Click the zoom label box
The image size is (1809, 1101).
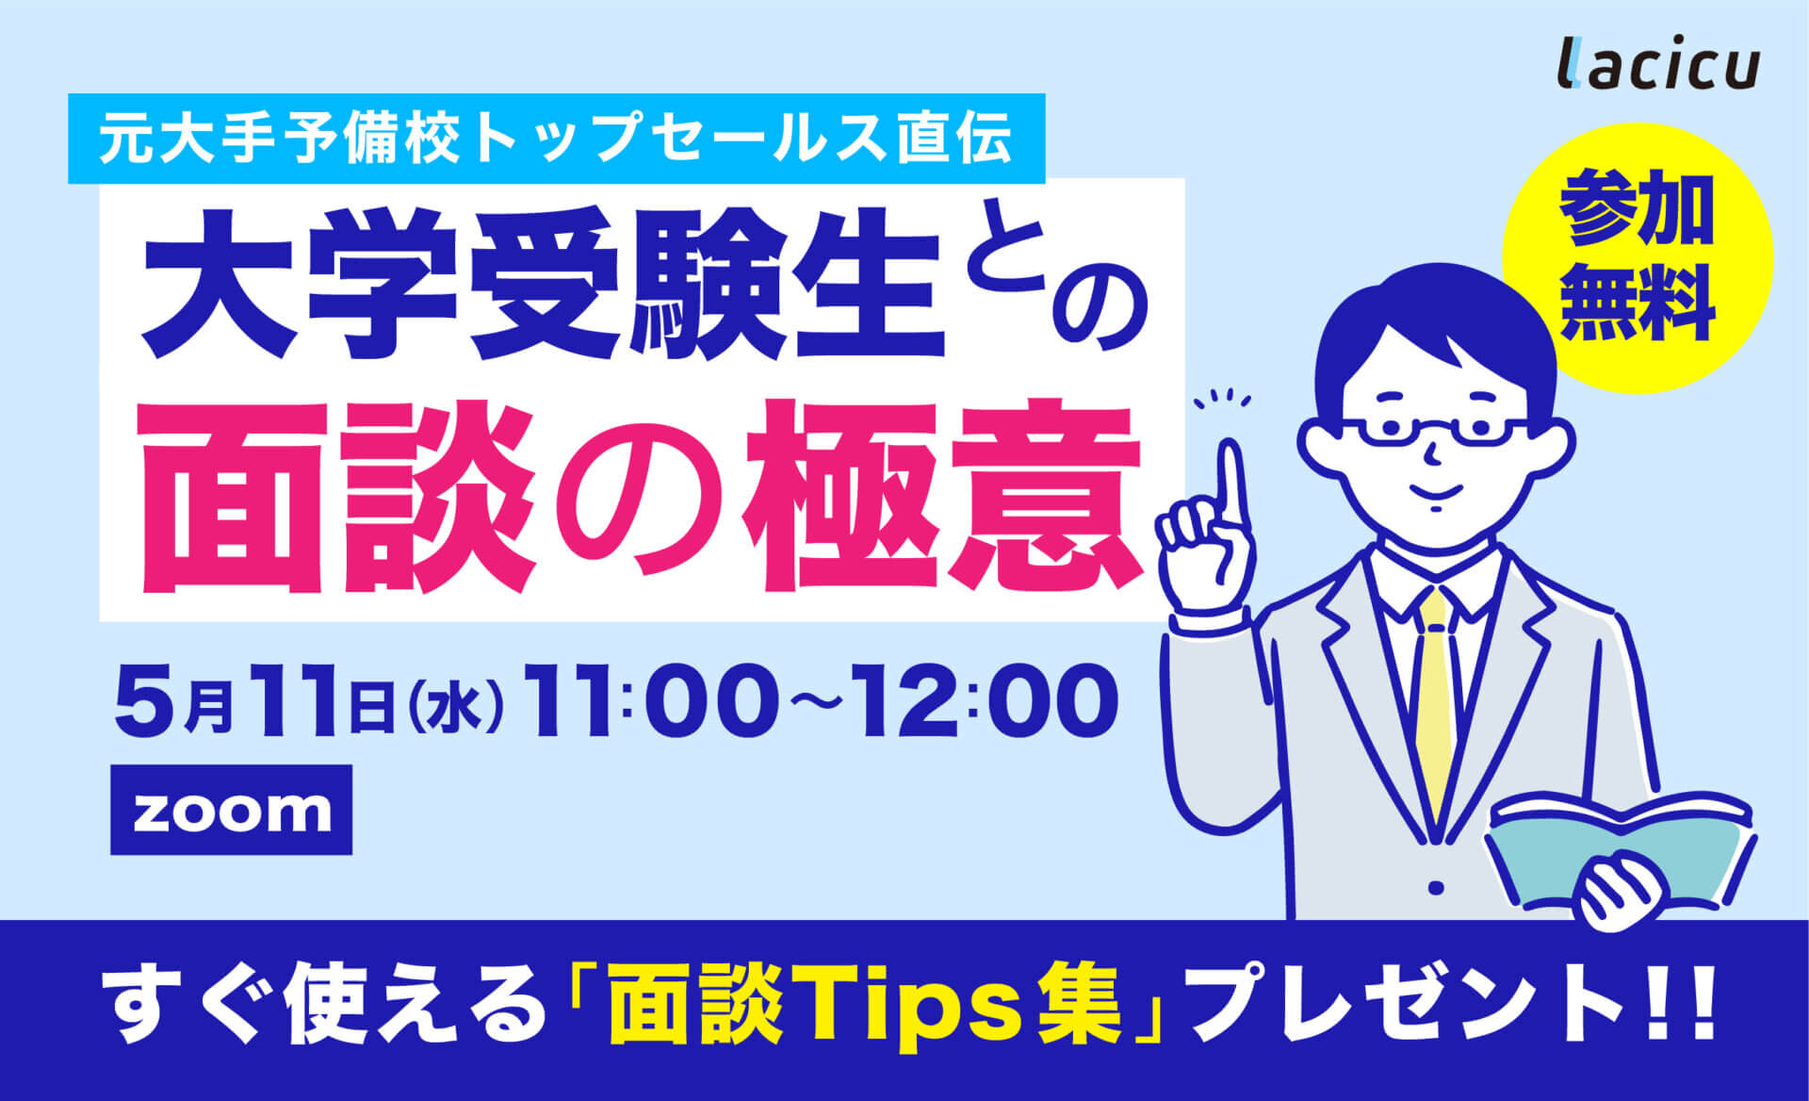click(232, 810)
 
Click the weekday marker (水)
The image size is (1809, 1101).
click(455, 707)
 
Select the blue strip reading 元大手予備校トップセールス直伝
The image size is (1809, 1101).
click(556, 139)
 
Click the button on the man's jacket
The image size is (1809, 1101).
click(1436, 887)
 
